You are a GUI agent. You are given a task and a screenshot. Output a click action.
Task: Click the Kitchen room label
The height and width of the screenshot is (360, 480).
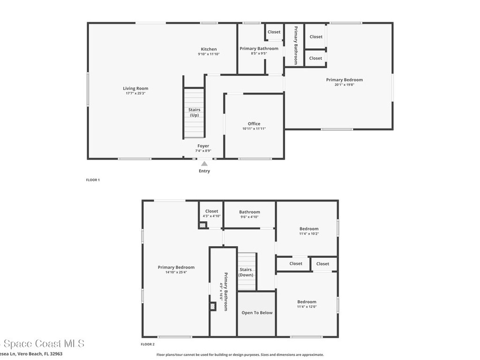209,49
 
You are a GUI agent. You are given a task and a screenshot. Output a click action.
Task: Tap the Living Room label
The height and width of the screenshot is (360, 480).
135,89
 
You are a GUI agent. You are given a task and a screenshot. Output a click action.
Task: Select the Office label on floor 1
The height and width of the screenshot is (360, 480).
254,124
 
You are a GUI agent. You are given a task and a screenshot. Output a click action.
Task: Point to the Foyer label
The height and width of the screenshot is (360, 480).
203,146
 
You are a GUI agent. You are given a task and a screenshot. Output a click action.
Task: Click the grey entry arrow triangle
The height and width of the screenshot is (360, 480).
204,164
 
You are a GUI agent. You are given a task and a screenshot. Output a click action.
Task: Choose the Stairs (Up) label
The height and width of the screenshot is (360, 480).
194,112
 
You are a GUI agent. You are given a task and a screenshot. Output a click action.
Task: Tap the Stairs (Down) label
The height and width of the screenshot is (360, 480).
246,272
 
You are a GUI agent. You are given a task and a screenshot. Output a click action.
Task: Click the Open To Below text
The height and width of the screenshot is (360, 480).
256,313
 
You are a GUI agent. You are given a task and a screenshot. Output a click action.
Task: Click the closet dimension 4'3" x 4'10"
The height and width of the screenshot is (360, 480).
211,216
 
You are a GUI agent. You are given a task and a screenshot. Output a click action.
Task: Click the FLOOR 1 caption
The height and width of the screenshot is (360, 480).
93,180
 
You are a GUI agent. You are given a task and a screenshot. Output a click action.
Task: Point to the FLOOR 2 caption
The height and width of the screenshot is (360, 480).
148,344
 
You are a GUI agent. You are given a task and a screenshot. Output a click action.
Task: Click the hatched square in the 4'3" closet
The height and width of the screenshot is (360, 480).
202,225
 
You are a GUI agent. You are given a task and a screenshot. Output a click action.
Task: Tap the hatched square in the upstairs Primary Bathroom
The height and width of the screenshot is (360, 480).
213,306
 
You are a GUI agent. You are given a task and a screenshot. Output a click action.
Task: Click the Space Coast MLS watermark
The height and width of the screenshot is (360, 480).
42,344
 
